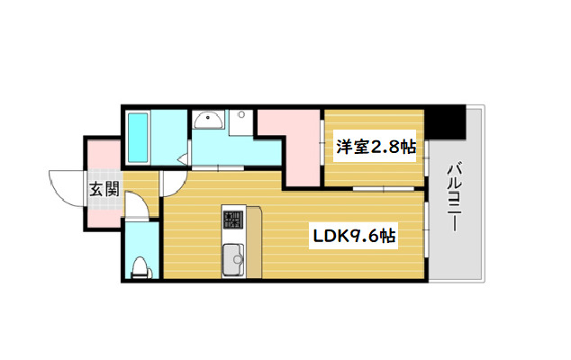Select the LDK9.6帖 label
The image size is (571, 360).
(354, 236)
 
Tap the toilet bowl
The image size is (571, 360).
(140, 265)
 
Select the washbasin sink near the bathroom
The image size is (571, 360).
(208, 119)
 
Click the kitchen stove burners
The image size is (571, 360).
(232, 219)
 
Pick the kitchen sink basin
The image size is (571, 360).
(233, 258)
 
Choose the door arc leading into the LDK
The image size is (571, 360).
(172, 184)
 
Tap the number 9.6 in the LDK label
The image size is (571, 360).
(364, 236)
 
